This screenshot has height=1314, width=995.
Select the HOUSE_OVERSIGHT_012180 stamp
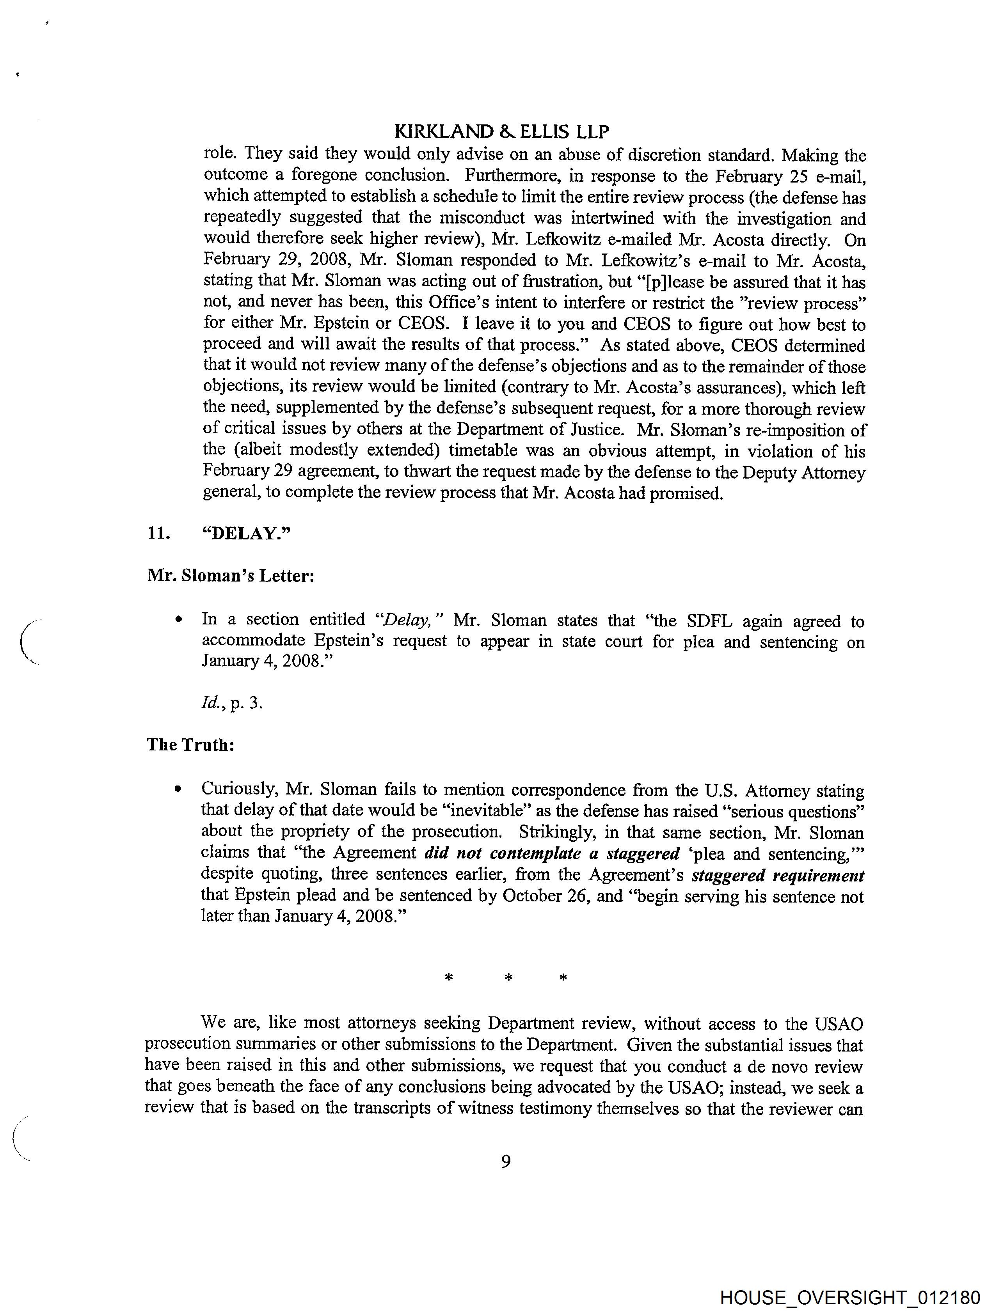point(849,1297)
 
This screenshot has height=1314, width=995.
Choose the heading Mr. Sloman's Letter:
point(231,576)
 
